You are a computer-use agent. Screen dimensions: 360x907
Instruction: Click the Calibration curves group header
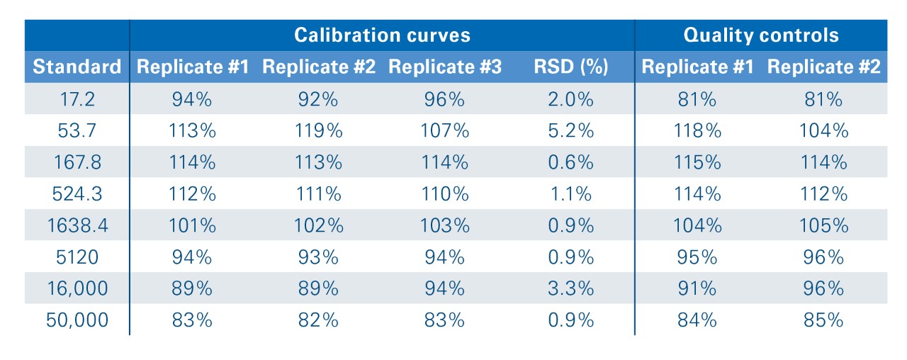click(382, 35)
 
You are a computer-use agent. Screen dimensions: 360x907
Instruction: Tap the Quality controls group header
click(760, 35)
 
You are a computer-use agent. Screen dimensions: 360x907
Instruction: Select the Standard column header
click(77, 67)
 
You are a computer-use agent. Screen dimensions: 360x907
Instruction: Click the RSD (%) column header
click(571, 67)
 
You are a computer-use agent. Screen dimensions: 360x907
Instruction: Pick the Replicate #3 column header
click(445, 67)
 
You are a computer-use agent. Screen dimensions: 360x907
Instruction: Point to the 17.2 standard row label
click(77, 99)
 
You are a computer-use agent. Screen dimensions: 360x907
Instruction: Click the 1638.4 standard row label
click(77, 225)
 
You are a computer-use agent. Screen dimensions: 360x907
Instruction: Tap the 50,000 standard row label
click(77, 320)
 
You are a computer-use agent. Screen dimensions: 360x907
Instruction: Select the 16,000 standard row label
click(77, 288)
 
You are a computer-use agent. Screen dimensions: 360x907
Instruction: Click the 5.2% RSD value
click(571, 130)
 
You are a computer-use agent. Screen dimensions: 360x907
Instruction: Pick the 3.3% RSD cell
click(571, 288)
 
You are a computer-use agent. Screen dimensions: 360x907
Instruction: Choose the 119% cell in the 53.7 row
click(319, 130)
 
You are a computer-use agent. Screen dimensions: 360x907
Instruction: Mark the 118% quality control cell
click(697, 130)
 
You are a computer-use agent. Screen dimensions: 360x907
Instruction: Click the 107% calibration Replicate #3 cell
click(445, 130)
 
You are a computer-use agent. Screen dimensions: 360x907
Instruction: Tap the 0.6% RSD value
click(571, 162)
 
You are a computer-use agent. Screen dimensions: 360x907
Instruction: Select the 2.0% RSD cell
click(571, 99)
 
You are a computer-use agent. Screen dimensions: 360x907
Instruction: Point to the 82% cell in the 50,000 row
click(319, 320)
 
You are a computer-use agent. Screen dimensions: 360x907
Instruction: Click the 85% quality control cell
click(823, 320)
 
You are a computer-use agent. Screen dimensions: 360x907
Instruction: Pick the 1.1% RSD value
click(571, 193)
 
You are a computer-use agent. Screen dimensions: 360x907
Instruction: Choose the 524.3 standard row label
click(77, 193)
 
